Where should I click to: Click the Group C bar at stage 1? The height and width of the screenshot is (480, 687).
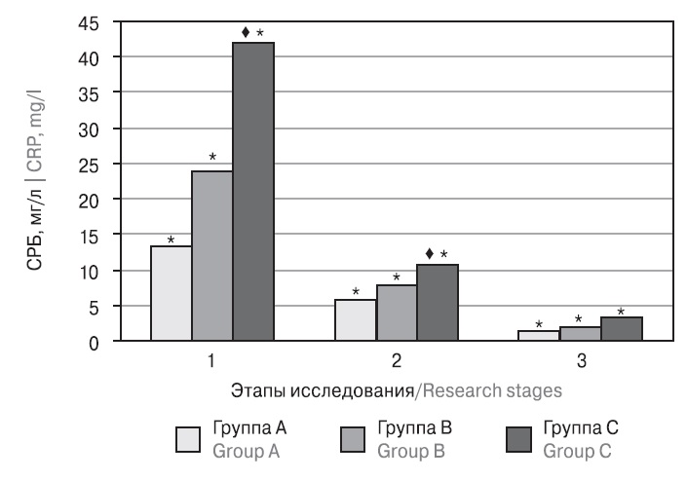click(252, 192)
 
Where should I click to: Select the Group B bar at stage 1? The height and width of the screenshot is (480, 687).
click(211, 256)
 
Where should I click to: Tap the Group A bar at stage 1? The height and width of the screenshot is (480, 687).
click(171, 293)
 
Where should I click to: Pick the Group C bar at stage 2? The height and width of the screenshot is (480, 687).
click(437, 303)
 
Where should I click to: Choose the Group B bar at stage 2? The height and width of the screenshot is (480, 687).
click(396, 313)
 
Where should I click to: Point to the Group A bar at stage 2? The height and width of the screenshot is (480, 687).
click(355, 320)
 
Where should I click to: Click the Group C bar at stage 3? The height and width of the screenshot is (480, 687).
click(622, 329)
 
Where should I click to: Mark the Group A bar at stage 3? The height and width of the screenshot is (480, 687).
click(539, 336)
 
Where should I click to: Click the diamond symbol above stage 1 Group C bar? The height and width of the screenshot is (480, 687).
click(244, 32)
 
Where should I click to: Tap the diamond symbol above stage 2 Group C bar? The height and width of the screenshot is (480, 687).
click(428, 255)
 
